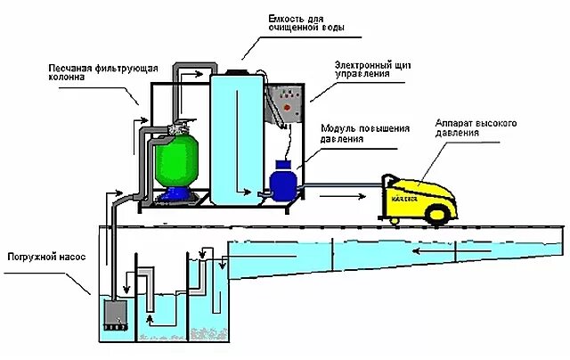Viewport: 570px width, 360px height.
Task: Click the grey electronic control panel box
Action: click(290, 107)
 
